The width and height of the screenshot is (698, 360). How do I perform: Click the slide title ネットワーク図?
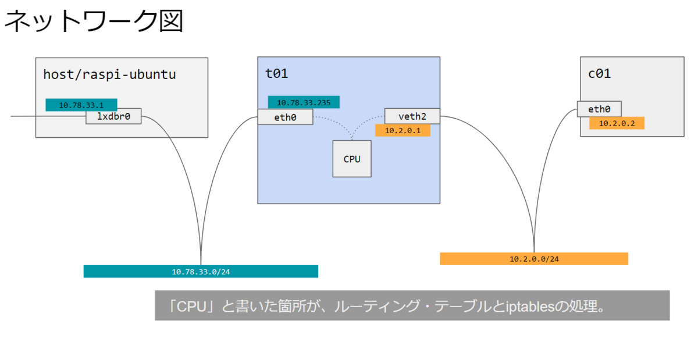tap(94, 21)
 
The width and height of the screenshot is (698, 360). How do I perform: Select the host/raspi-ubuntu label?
tap(109, 74)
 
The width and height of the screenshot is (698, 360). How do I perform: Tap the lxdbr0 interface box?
tap(113, 116)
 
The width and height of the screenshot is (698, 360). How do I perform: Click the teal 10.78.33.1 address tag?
tap(81, 105)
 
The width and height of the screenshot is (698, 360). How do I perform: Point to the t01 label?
tap(276, 73)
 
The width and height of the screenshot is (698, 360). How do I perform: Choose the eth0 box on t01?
tap(285, 117)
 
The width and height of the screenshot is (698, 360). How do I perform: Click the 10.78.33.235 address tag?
tap(304, 102)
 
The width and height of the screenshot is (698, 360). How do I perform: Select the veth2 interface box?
tap(412, 116)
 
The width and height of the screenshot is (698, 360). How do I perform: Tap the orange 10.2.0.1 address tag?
tap(403, 130)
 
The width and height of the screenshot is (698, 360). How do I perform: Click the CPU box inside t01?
tap(352, 159)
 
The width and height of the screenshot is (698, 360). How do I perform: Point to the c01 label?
tap(599, 73)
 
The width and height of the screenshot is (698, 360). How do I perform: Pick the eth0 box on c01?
tap(599, 109)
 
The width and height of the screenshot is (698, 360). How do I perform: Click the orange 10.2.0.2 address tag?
tap(617, 123)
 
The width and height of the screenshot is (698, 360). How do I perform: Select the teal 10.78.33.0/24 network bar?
tap(201, 272)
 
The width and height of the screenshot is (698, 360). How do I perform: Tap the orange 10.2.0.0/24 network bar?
tap(534, 259)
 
